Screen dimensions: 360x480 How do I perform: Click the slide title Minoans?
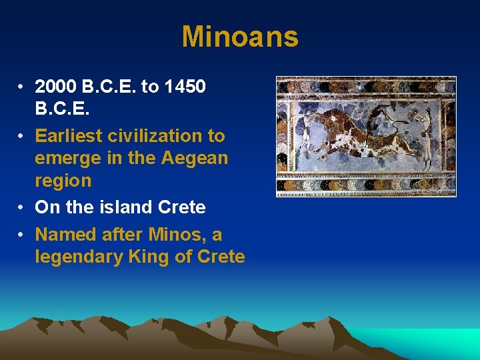(240, 37)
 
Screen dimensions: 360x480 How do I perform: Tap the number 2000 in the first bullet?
(57, 87)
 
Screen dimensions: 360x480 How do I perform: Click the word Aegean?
(196, 159)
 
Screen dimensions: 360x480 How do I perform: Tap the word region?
(63, 181)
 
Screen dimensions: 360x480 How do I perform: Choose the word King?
(150, 257)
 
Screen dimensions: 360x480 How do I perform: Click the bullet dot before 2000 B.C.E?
(22, 87)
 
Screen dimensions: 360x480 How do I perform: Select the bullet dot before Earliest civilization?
(22, 137)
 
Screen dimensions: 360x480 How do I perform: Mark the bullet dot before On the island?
(22, 208)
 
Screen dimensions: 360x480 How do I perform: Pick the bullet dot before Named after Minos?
(22, 235)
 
